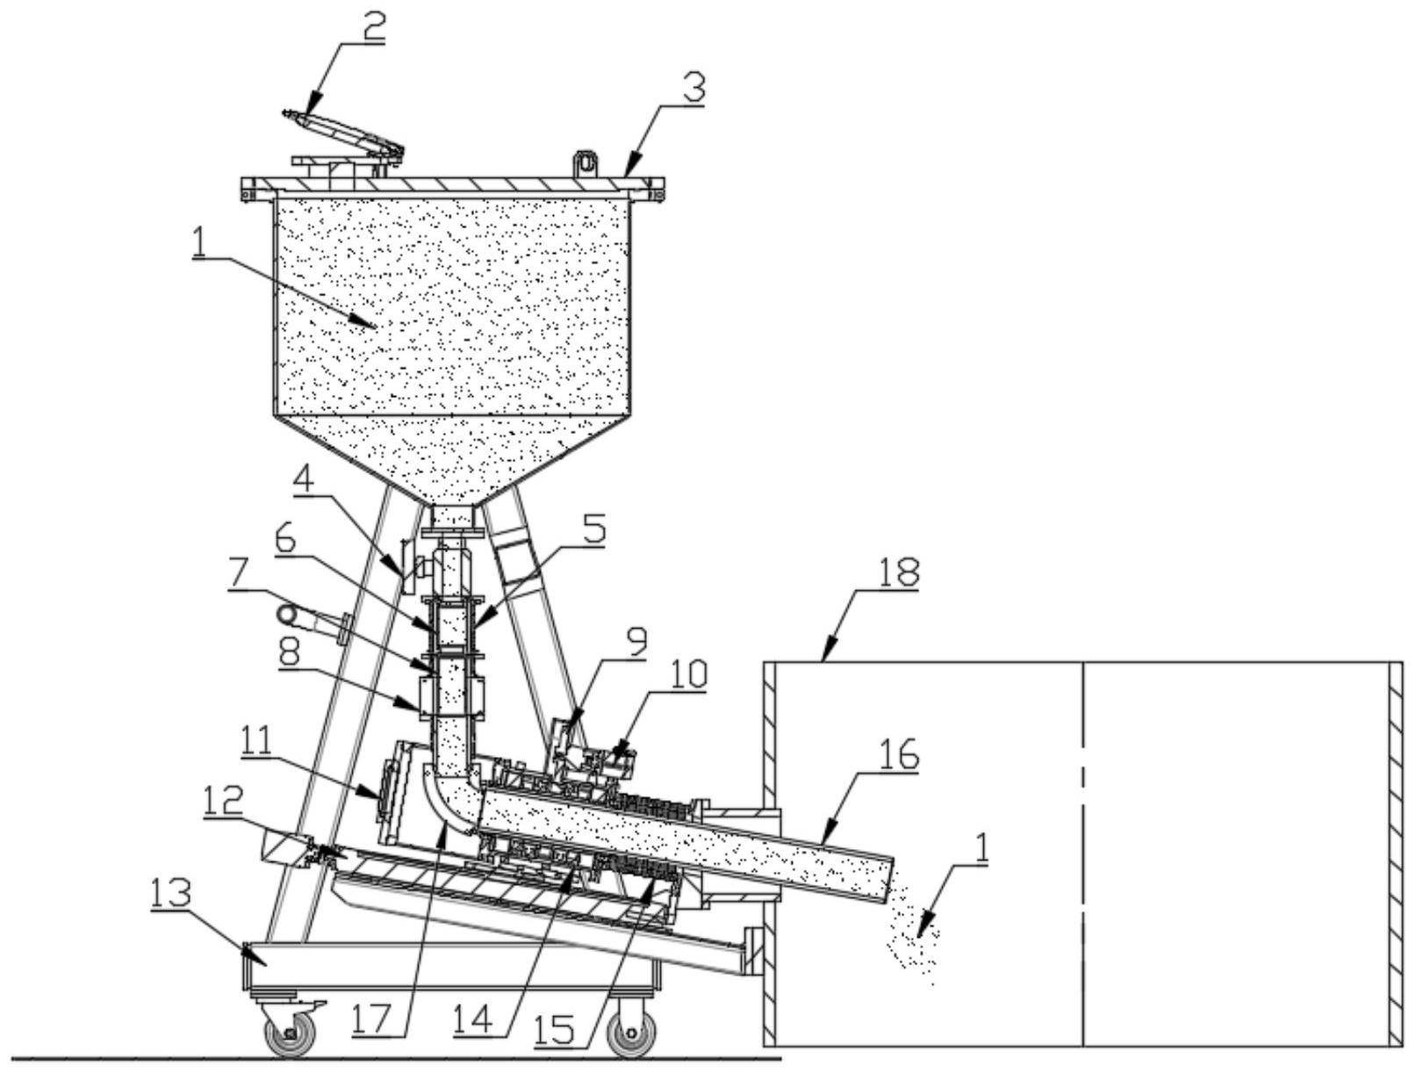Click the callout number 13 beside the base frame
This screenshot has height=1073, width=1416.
tap(172, 894)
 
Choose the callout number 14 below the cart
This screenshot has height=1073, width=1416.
tap(473, 1020)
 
